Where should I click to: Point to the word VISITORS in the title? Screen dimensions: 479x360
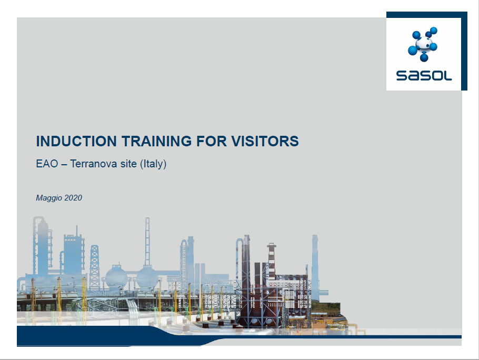click(265, 141)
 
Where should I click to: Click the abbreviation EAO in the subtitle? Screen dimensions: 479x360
click(47, 164)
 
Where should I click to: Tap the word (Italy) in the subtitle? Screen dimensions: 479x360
click(153, 164)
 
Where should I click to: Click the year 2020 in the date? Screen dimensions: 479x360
click(73, 198)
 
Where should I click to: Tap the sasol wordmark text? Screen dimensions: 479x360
click(424, 76)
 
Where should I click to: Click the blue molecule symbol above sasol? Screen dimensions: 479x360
click(423, 44)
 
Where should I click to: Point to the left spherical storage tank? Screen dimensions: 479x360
click(116, 277)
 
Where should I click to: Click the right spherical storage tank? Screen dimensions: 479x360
click(147, 277)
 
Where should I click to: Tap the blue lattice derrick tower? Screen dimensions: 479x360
click(95, 266)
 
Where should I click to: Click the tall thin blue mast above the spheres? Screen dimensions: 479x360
click(147, 241)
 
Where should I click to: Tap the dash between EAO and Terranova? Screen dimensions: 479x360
click(64, 165)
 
